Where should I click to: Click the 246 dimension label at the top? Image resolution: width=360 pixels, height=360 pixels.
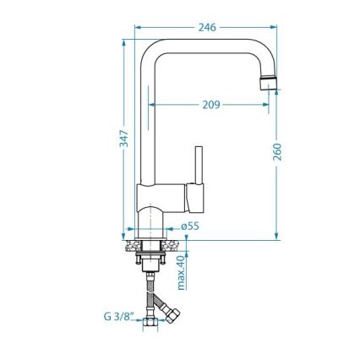(207, 27)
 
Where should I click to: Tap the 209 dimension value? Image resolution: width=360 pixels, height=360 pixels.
(210, 105)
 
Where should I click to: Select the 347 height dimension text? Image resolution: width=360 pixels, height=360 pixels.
(123, 139)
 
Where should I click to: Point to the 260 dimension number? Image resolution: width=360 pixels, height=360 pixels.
(278, 152)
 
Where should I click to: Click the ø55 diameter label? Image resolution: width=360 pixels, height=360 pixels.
(190, 226)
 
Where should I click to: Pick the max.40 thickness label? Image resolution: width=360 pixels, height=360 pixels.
(180, 273)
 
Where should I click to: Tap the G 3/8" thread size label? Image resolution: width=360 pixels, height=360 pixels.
(118, 316)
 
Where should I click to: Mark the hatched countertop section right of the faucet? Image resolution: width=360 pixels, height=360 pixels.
(176, 246)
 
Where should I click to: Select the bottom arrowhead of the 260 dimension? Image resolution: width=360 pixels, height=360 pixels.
(278, 237)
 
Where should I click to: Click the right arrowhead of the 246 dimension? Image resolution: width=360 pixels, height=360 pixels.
(275, 27)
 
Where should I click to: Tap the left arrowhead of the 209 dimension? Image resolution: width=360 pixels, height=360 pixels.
(152, 105)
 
